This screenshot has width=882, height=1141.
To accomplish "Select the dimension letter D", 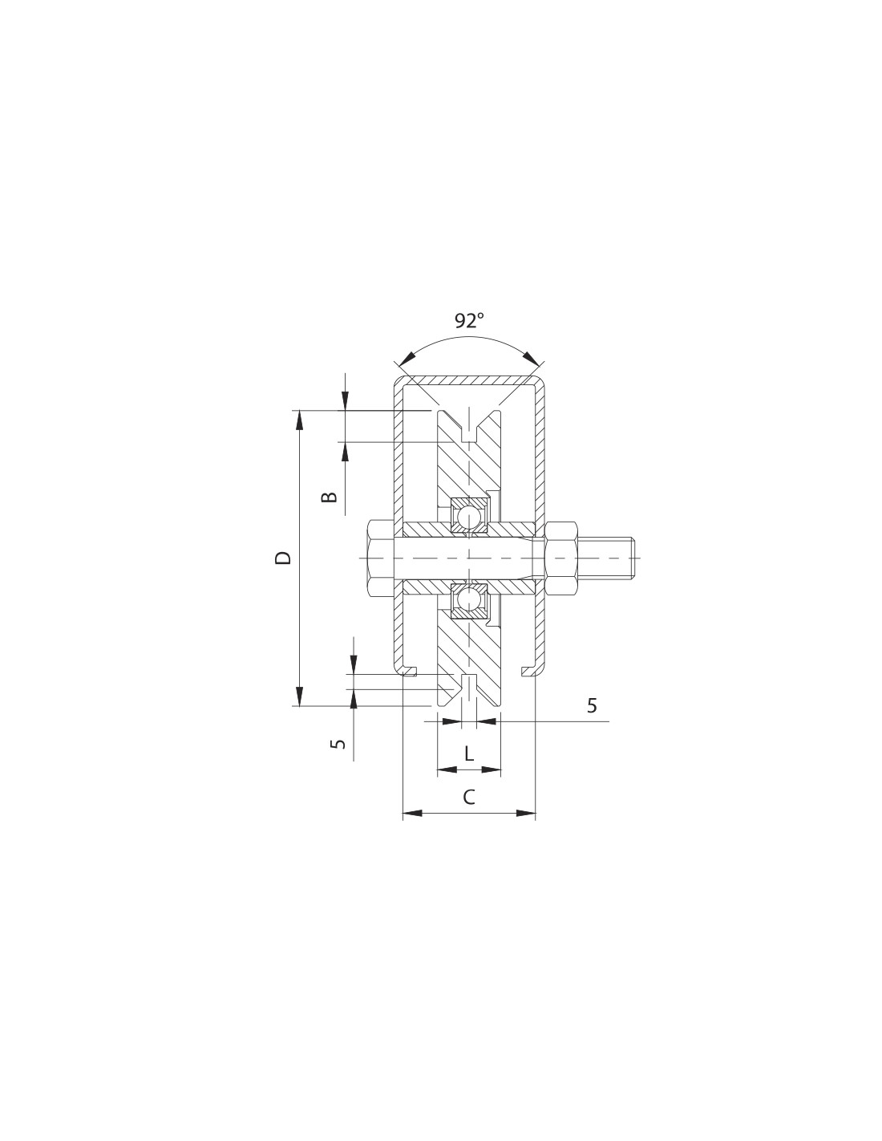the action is (x=283, y=558).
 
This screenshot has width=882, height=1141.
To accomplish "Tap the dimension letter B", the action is (x=329, y=497).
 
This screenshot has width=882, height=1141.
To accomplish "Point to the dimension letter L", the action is (x=469, y=754).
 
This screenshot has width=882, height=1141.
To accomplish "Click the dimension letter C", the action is (x=468, y=797).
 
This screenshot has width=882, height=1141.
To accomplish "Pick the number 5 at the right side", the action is (x=592, y=706).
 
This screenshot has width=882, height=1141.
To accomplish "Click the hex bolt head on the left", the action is (x=382, y=558).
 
